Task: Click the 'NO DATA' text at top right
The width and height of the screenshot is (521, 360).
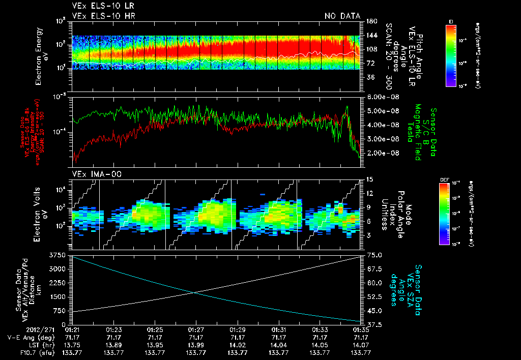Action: [x=342, y=16]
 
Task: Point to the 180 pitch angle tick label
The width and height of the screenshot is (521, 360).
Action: [x=370, y=21]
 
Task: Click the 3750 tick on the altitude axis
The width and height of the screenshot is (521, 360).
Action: [x=56, y=254]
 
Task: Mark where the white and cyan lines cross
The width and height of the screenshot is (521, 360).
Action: [x=193, y=292]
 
